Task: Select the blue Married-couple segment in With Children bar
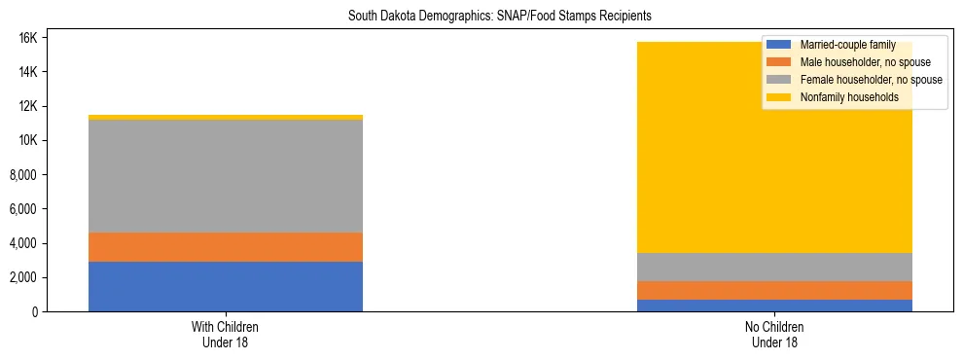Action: [x=226, y=286]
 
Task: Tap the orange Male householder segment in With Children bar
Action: [x=226, y=247]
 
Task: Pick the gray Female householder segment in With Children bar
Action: [x=226, y=176]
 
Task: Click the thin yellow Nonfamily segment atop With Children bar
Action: [x=226, y=118]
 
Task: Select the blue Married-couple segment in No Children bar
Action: [x=775, y=305]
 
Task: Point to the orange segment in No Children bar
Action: [x=775, y=290]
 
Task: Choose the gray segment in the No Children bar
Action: [x=775, y=267]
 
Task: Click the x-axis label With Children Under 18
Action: [x=226, y=334]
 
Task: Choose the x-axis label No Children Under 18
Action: [x=775, y=334]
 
